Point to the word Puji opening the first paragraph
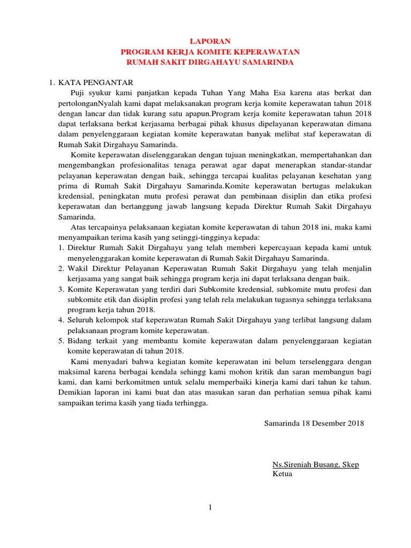(79, 93)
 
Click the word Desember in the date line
(327, 423)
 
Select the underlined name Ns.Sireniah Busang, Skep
(316, 464)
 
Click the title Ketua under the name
(283, 474)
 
